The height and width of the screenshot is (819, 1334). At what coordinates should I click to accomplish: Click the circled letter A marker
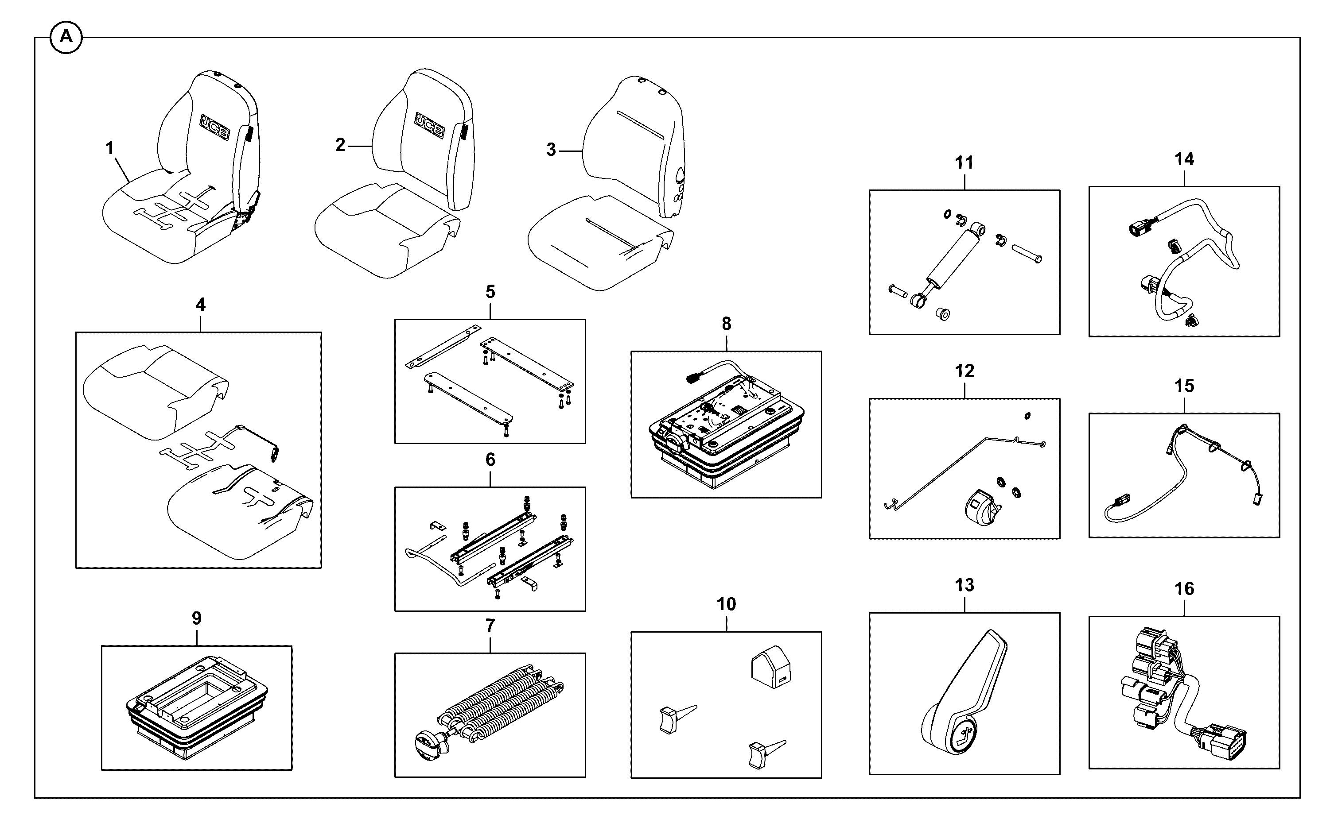66,37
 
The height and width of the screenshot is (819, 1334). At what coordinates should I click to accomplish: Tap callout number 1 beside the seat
110,147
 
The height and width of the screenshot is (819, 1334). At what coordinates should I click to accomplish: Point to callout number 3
551,150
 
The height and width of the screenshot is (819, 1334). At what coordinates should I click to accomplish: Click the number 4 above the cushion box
201,305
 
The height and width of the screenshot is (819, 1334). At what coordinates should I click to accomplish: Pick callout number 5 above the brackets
490,292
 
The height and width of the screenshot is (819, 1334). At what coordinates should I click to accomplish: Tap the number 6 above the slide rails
490,460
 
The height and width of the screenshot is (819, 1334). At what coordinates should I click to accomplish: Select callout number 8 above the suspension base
726,324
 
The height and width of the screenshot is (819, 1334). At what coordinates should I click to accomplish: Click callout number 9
197,618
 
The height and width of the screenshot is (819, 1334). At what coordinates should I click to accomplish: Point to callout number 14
1184,159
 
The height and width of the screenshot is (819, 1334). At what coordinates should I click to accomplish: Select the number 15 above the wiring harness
1184,386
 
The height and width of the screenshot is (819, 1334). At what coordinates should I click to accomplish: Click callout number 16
1184,589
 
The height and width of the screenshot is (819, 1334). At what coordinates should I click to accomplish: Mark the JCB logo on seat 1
215,128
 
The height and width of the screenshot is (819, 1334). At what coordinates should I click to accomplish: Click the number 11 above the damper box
965,162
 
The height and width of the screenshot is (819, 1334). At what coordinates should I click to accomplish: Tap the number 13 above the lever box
965,585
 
